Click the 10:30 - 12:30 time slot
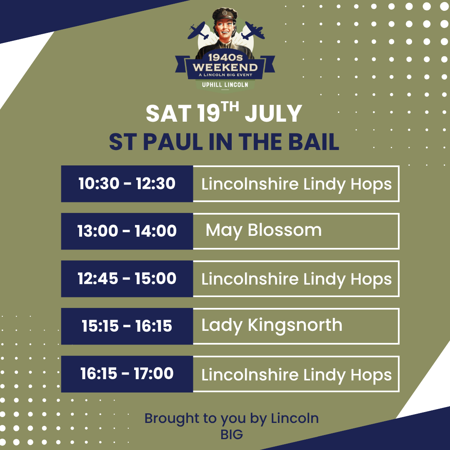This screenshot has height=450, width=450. [127, 183]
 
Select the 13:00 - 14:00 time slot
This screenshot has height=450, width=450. [127, 231]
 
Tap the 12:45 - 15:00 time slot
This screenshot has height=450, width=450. [127, 279]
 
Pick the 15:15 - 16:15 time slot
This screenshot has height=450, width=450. [127, 326]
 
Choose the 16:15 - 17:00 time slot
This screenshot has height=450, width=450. [127, 374]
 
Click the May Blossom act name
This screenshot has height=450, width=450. [263, 231]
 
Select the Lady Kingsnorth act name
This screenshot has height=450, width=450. [272, 325]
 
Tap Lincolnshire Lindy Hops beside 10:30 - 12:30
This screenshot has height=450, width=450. [297, 184]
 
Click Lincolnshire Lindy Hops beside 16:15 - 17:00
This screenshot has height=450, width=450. [297, 375]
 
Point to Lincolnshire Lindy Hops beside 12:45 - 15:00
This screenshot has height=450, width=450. [297, 280]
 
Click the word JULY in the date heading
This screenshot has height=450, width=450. [273, 114]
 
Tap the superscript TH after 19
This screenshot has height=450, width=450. [230, 107]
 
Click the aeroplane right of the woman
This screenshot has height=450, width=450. [253, 31]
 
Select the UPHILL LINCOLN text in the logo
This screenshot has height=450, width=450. [225, 85]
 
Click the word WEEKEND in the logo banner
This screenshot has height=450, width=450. [225, 67]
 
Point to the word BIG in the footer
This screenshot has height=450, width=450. [232, 435]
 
